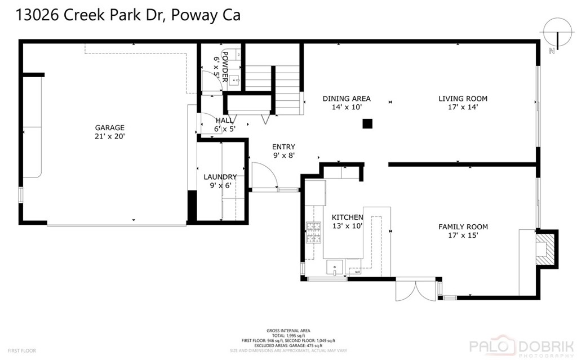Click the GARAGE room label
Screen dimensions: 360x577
(x=109, y=128)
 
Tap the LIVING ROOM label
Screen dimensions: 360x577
(x=463, y=99)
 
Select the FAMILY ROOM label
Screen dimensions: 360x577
(x=463, y=227)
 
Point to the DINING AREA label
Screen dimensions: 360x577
(x=346, y=99)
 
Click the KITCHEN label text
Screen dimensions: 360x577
(x=347, y=217)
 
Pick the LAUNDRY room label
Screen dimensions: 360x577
(x=220, y=177)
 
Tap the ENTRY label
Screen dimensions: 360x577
(x=283, y=146)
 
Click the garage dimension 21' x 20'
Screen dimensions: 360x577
(x=109, y=136)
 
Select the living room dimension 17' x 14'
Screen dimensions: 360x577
(x=463, y=107)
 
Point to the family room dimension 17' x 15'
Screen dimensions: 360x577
(x=463, y=235)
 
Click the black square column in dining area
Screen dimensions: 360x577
(x=367, y=123)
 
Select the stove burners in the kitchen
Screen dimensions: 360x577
(x=313, y=232)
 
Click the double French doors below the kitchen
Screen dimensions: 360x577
(x=416, y=291)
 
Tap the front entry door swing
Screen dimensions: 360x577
(x=264, y=175)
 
